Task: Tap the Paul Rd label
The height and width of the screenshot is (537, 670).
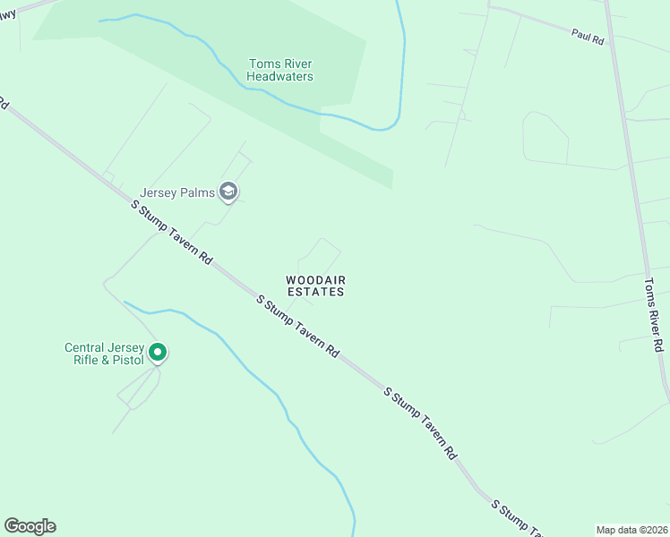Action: (x=588, y=38)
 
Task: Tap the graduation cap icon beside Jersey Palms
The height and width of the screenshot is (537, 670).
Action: (x=229, y=191)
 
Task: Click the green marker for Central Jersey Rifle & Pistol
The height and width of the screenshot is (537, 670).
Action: (x=158, y=353)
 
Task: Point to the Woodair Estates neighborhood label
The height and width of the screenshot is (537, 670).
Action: (x=315, y=286)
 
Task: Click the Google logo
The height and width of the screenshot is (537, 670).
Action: (x=30, y=526)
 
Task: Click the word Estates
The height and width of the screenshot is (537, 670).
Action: (x=315, y=292)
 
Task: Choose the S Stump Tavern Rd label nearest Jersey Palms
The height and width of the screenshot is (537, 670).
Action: (x=171, y=232)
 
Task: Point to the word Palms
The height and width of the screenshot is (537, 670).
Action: (x=199, y=192)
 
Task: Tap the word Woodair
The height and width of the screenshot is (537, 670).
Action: (x=315, y=279)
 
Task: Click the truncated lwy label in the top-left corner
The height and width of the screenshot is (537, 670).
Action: (x=7, y=13)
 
